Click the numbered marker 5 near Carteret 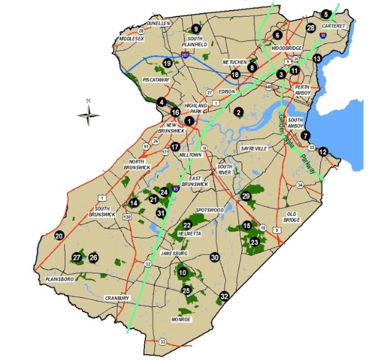[325, 14]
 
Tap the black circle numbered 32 [224, 297]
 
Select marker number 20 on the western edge [59, 236]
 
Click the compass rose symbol [88, 115]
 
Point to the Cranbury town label [117, 298]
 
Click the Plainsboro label [59, 279]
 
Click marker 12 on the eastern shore [323, 151]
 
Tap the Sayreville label [254, 149]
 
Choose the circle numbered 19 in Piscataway [167, 64]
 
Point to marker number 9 [195, 29]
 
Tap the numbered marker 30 [215, 257]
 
